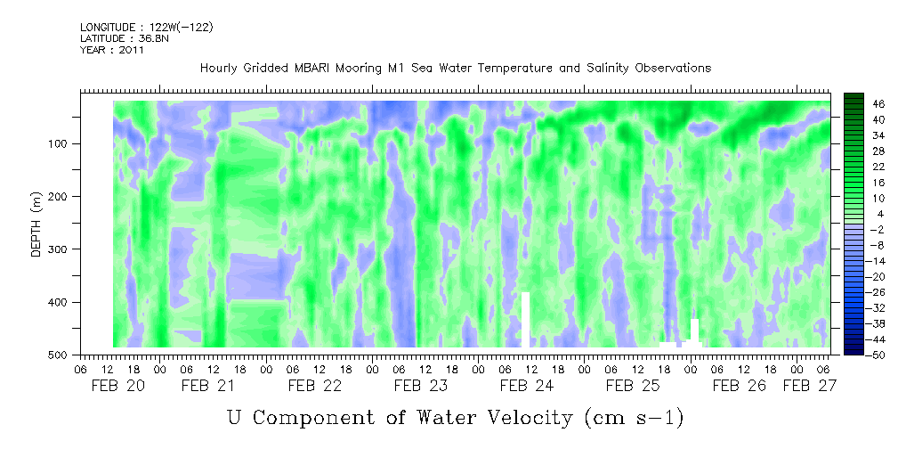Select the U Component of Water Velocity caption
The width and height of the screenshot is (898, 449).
(455, 417)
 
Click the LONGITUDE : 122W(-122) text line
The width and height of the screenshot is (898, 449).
(146, 28)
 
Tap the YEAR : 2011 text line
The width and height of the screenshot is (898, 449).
(112, 51)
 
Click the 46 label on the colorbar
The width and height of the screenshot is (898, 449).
(877, 103)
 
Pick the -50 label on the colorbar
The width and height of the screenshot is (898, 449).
(878, 355)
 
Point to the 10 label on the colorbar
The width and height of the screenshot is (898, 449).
(877, 198)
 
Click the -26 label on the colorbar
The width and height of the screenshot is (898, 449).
(878, 292)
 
